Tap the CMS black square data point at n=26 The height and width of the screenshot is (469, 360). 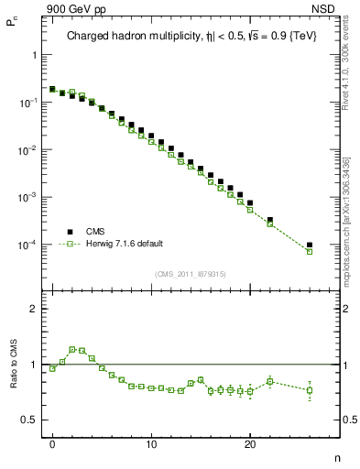[x=310, y=245]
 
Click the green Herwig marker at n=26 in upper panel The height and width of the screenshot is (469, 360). [x=310, y=251]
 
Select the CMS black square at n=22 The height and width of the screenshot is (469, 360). [x=270, y=220]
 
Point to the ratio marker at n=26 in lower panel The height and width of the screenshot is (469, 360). [x=310, y=390]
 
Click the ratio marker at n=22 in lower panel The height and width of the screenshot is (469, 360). [x=270, y=381]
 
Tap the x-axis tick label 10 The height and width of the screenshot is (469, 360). [x=151, y=441]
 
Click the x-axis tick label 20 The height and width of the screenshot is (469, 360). [x=250, y=441]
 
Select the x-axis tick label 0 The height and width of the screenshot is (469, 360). [x=52, y=441]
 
